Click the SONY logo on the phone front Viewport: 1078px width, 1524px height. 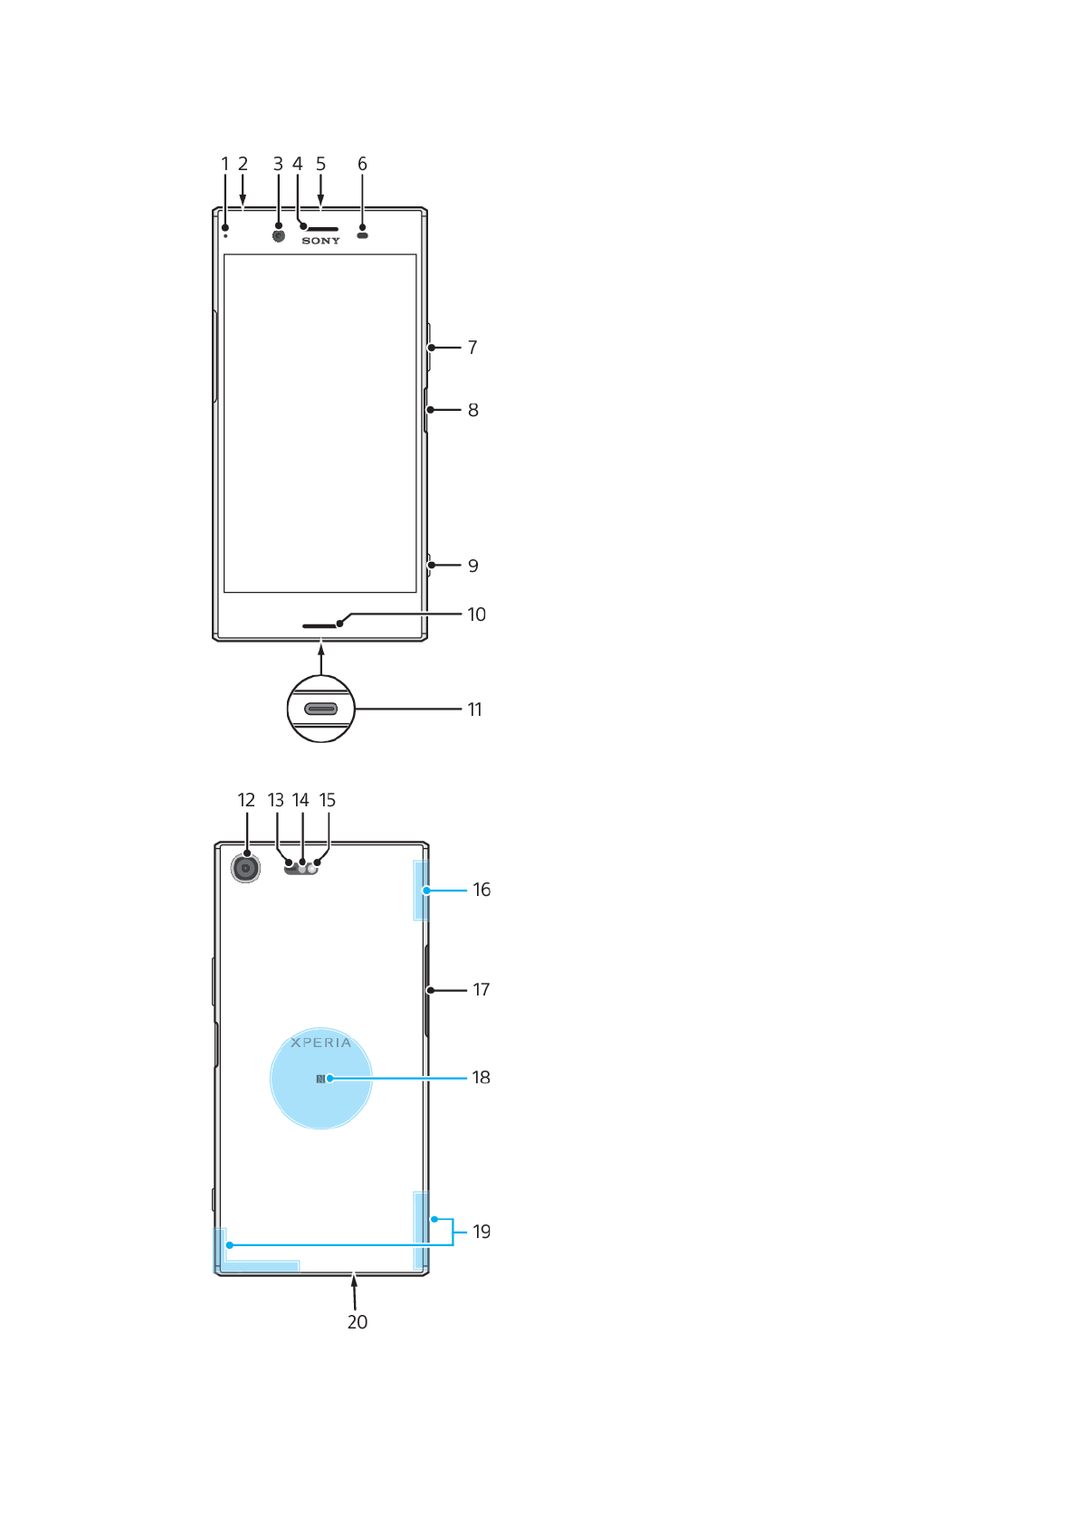(x=321, y=241)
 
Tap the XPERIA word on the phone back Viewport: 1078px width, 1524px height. (x=321, y=1043)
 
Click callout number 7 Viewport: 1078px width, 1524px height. (x=472, y=348)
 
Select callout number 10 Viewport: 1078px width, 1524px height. (x=477, y=614)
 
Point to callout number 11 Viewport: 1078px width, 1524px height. (x=475, y=710)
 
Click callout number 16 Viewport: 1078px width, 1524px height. (x=482, y=890)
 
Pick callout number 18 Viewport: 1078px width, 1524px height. (x=481, y=1077)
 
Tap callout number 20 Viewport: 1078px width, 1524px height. (x=358, y=1322)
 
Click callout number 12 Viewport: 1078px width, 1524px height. (x=246, y=800)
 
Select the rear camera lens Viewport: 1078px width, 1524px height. (x=245, y=869)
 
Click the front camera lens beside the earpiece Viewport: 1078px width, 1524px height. (x=279, y=235)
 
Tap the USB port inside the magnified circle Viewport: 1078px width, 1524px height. (x=321, y=709)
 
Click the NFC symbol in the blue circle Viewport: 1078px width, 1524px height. (x=320, y=1079)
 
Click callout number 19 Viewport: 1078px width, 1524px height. (x=482, y=1232)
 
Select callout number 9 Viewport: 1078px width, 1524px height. (x=473, y=566)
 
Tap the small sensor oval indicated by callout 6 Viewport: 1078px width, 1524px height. (x=363, y=235)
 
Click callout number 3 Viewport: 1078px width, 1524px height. (x=278, y=164)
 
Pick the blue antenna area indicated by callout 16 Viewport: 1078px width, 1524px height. (x=421, y=891)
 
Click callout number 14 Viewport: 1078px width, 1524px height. (x=301, y=800)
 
